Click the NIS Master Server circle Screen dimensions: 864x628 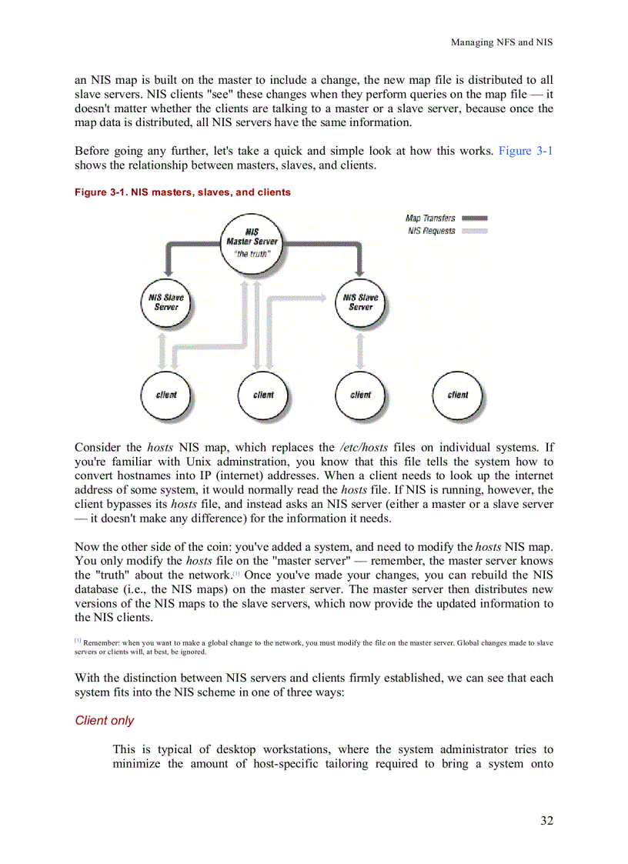252,240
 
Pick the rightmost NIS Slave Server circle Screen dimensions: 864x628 360,302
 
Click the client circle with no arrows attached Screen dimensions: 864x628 457,395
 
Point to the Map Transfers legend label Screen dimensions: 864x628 430,219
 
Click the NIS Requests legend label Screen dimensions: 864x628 431,231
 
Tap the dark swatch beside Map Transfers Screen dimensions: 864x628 475,219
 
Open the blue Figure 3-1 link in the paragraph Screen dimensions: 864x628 525,151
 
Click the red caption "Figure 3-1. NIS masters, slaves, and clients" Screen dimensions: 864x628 182,192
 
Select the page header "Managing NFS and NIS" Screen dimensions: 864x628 501,42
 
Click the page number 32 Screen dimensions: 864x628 546,820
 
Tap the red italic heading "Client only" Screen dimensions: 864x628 104,721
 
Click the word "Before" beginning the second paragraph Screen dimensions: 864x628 92,151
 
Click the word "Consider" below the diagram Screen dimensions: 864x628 97,447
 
